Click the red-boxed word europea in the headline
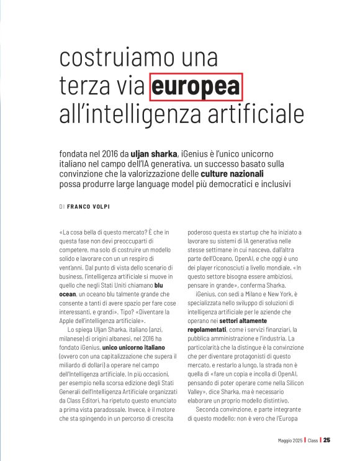(x=196, y=86)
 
